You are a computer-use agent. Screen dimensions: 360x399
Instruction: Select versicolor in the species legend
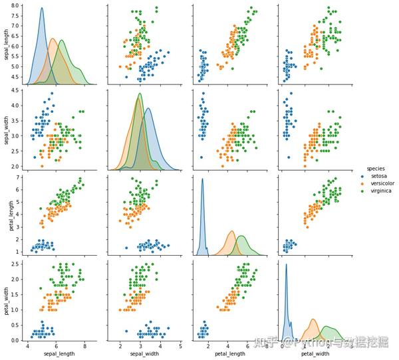click(381, 183)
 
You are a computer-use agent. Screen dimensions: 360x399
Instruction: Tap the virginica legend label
click(380, 191)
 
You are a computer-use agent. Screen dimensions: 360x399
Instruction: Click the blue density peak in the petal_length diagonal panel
click(202, 179)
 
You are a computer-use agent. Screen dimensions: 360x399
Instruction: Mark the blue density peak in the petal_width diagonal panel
click(286, 265)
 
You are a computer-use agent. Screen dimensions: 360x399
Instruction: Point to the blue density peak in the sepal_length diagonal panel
click(42, 9)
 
